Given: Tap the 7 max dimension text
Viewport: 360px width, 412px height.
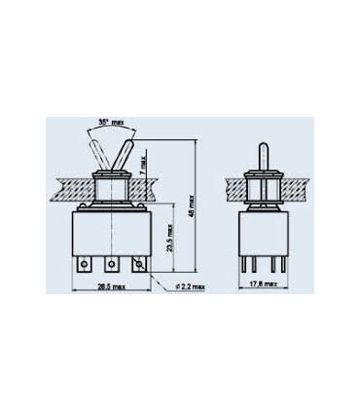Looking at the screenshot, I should pyautogui.click(x=145, y=159).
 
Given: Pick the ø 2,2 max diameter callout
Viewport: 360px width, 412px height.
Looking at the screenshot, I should pyautogui.click(x=192, y=285).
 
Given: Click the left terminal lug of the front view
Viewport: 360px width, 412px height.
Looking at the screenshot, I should pyautogui.click(x=89, y=264).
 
